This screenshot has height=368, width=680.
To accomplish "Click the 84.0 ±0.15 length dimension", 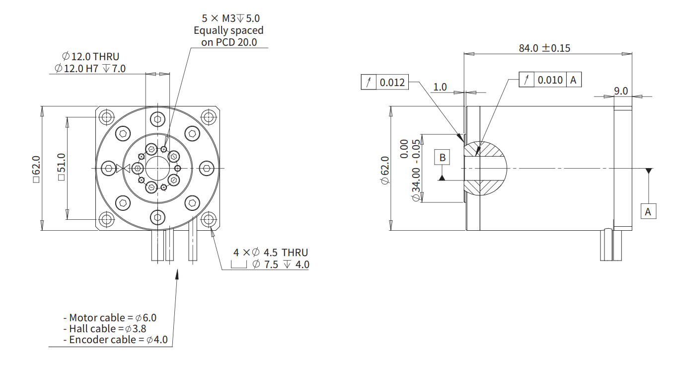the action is click(544, 48).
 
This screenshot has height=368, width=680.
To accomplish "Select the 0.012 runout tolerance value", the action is click(392, 83).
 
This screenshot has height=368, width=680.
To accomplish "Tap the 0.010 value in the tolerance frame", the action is click(550, 80).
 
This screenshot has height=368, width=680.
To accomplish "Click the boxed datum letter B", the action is click(442, 158).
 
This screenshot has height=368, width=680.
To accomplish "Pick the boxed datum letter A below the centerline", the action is click(648, 211).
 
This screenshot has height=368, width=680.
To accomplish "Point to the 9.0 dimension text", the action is click(621, 91).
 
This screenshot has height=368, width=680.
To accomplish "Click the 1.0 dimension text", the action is click(440, 87).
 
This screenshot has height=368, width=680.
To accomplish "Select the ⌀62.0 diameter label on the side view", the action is click(384, 170).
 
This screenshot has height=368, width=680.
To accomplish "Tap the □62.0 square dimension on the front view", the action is click(36, 169).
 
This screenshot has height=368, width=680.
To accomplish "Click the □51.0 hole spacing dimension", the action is click(61, 167).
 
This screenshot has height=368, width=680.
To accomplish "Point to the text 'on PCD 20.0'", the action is click(229, 42).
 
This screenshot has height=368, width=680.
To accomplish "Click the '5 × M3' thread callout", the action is click(219, 18).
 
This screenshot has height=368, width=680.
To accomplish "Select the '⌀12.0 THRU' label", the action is click(90, 57).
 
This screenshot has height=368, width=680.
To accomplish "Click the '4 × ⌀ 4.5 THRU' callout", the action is click(271, 252).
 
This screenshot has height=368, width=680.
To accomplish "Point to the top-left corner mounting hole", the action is click(107, 117).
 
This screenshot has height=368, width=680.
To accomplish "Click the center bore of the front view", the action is click(157, 168).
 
